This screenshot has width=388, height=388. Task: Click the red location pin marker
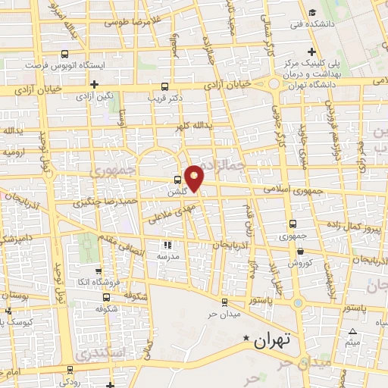click(196, 177)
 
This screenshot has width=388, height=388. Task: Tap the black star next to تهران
click(245, 339)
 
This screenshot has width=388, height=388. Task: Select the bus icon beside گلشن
click(177, 180)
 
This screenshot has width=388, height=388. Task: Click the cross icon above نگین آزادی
click(94, 84)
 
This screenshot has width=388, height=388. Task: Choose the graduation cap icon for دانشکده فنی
click(312, 13)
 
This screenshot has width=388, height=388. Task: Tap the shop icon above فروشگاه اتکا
click(96, 271)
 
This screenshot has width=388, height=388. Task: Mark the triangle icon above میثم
click(352, 333)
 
